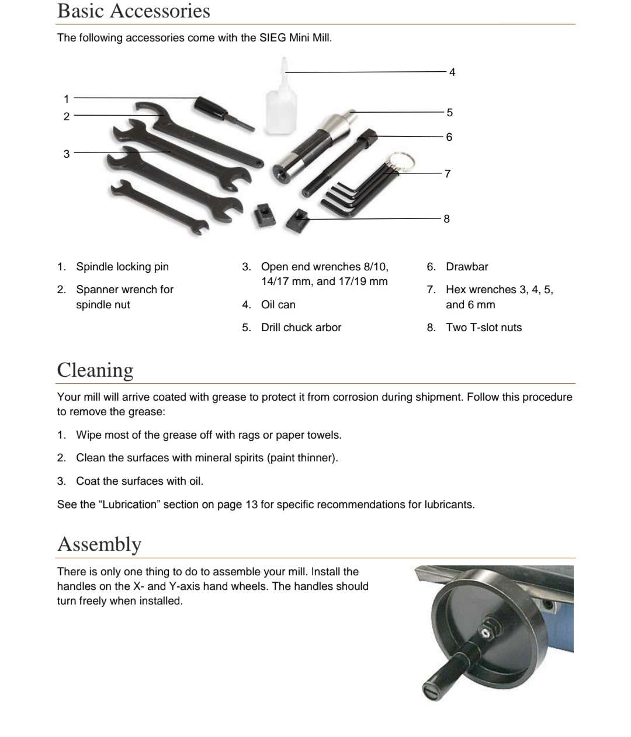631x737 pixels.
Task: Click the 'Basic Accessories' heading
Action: (x=133, y=11)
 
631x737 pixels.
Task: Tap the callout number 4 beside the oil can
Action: (x=452, y=72)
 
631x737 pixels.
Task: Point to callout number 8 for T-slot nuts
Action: (x=446, y=219)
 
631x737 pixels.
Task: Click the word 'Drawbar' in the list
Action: (x=467, y=267)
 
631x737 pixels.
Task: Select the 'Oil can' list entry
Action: (x=278, y=305)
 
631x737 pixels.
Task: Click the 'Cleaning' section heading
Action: (x=95, y=370)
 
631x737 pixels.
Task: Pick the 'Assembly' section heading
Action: (x=99, y=544)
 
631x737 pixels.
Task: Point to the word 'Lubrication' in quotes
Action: (x=130, y=505)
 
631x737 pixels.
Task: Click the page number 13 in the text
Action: (x=251, y=505)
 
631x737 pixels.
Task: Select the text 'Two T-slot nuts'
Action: (x=484, y=328)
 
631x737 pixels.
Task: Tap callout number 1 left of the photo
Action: (x=67, y=99)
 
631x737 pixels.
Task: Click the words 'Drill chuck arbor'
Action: (x=301, y=328)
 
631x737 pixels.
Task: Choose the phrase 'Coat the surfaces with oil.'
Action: (x=140, y=481)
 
